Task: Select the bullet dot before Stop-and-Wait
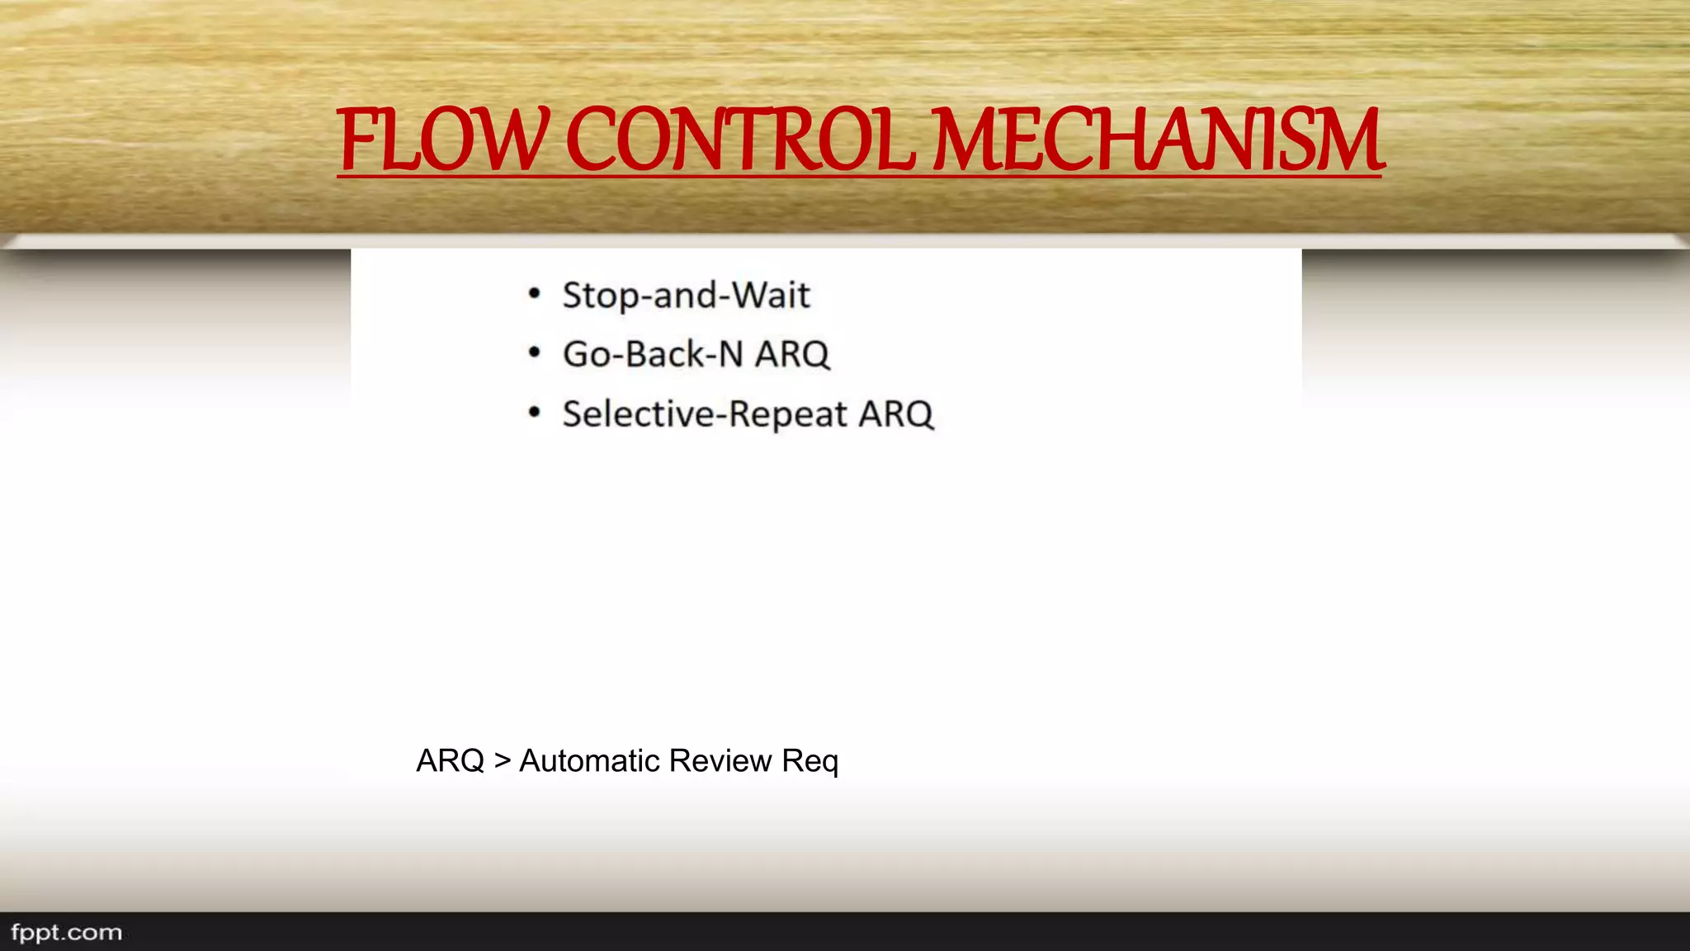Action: pyautogui.click(x=535, y=294)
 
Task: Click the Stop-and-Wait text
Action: pyautogui.click(x=686, y=296)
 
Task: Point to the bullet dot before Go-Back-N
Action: pyautogui.click(x=535, y=353)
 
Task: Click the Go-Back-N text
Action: pyautogui.click(x=653, y=354)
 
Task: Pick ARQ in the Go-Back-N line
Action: pyautogui.click(x=792, y=354)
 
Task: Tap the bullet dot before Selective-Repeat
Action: pyautogui.click(x=535, y=413)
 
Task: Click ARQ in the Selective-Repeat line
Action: pyautogui.click(x=896, y=414)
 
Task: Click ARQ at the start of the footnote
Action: pyautogui.click(x=450, y=760)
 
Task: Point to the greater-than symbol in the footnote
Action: pyautogui.click(x=502, y=760)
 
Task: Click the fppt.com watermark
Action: pyautogui.click(x=66, y=933)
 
